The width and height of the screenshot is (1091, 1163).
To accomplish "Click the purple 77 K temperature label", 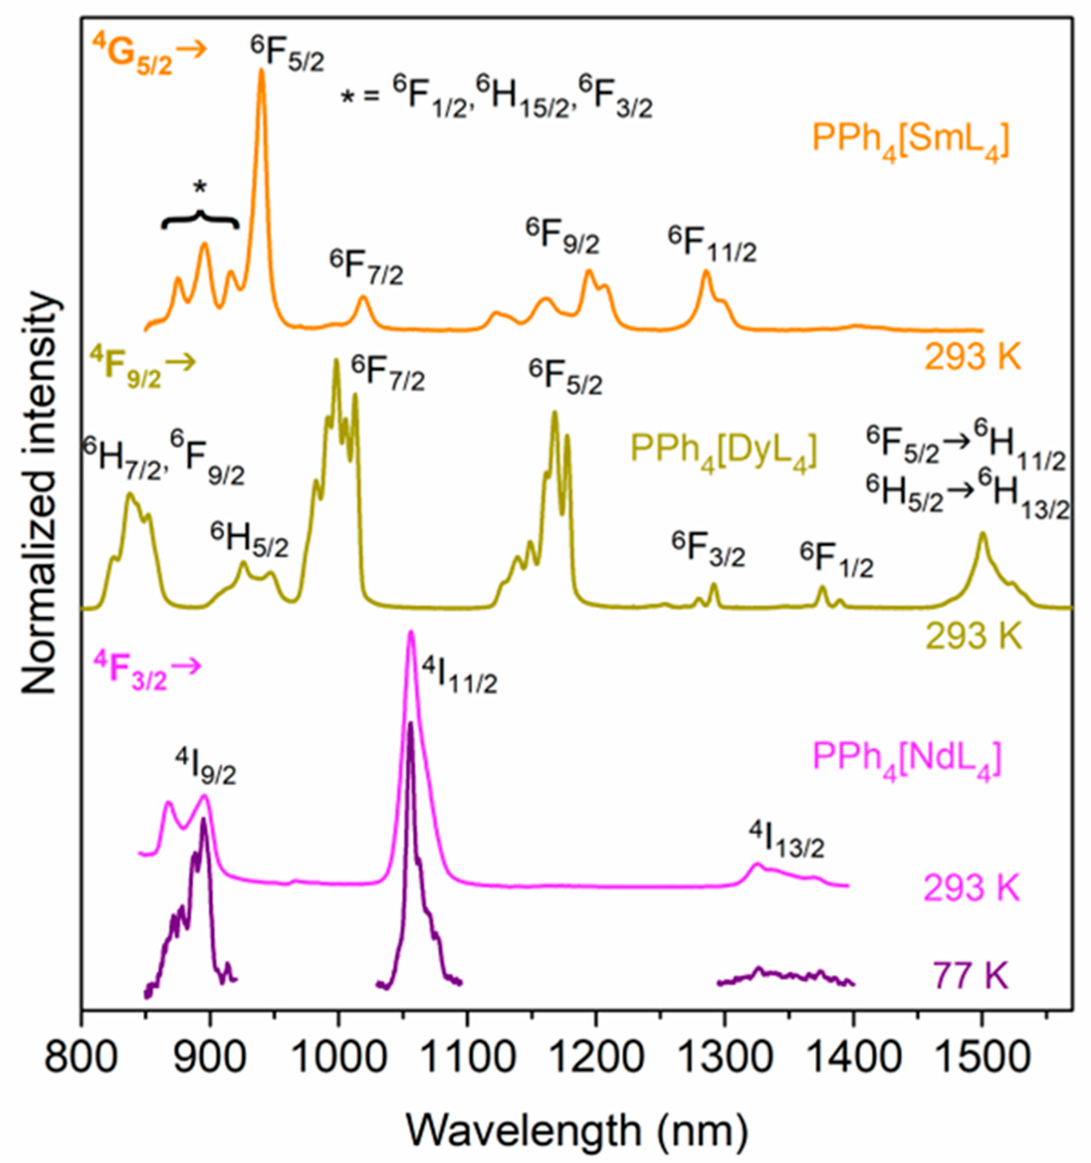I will (x=972, y=976).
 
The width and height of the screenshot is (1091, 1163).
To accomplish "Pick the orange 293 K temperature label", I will (x=973, y=357).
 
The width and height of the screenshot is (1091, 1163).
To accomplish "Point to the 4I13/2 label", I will (x=787, y=842).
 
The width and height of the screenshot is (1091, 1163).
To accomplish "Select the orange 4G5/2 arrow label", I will (x=149, y=56).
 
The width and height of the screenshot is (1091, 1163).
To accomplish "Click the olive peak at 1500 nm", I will (x=982, y=536).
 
